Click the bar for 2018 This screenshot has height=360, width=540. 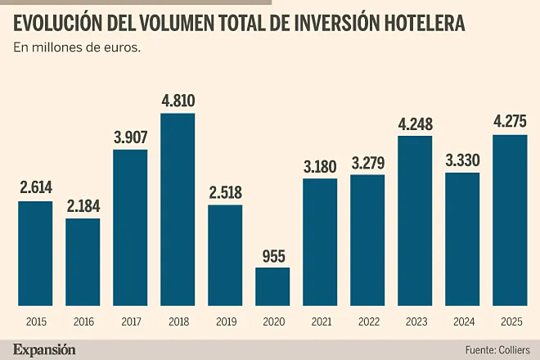click(178, 209)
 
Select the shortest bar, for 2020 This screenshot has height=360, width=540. click(272, 286)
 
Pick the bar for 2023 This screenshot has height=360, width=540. click(415, 220)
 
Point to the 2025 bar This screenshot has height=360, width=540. click(510, 219)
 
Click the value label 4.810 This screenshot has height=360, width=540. click(178, 101)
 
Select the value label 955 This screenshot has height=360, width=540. click(272, 255)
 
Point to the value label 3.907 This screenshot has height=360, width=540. click(130, 137)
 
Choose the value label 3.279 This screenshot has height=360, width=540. click(367, 163)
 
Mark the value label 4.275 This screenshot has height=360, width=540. click(510, 122)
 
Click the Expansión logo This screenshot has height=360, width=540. click(44, 349)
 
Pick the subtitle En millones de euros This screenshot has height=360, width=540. click(77, 47)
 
